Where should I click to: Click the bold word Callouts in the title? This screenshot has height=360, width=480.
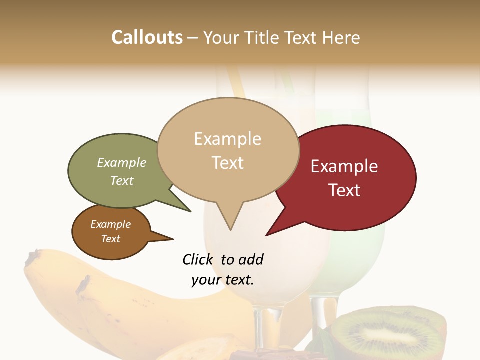147,37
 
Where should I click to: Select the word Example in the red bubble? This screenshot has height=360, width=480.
344,166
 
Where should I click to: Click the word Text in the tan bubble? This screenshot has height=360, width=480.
228,163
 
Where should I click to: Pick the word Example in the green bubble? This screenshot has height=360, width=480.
122,163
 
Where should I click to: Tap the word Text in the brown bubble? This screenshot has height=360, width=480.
111,239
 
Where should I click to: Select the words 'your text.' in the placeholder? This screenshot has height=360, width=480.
223,280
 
